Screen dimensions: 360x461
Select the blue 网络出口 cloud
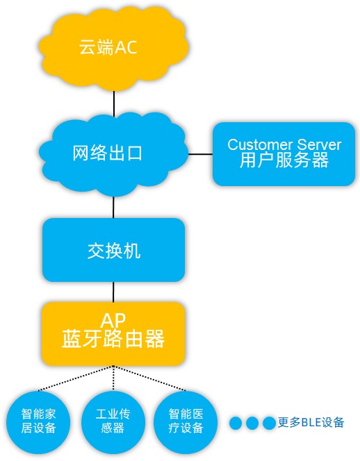(x=113, y=153)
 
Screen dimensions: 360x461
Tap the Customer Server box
(x=284, y=154)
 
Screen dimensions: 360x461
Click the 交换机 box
(x=113, y=250)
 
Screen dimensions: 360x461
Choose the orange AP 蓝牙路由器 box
(x=113, y=334)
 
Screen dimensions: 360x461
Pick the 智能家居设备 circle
(x=38, y=423)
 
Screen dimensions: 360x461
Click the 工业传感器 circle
(x=113, y=423)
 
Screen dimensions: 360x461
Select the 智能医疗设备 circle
(x=186, y=423)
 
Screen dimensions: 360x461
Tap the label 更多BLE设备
(x=311, y=423)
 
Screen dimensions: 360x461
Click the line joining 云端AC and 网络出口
(x=114, y=103)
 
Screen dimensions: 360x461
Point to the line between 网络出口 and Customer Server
(x=200, y=153)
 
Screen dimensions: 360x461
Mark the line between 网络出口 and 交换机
(x=113, y=208)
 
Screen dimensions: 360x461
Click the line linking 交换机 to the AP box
(x=113, y=292)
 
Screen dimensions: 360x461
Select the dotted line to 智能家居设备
(x=76, y=378)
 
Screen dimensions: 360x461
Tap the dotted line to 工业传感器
(x=113, y=378)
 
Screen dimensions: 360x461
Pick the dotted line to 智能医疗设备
(x=149, y=378)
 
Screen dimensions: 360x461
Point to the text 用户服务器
(x=284, y=160)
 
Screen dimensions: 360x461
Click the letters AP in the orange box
(x=113, y=321)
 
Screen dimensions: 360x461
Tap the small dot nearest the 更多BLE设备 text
(x=269, y=423)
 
